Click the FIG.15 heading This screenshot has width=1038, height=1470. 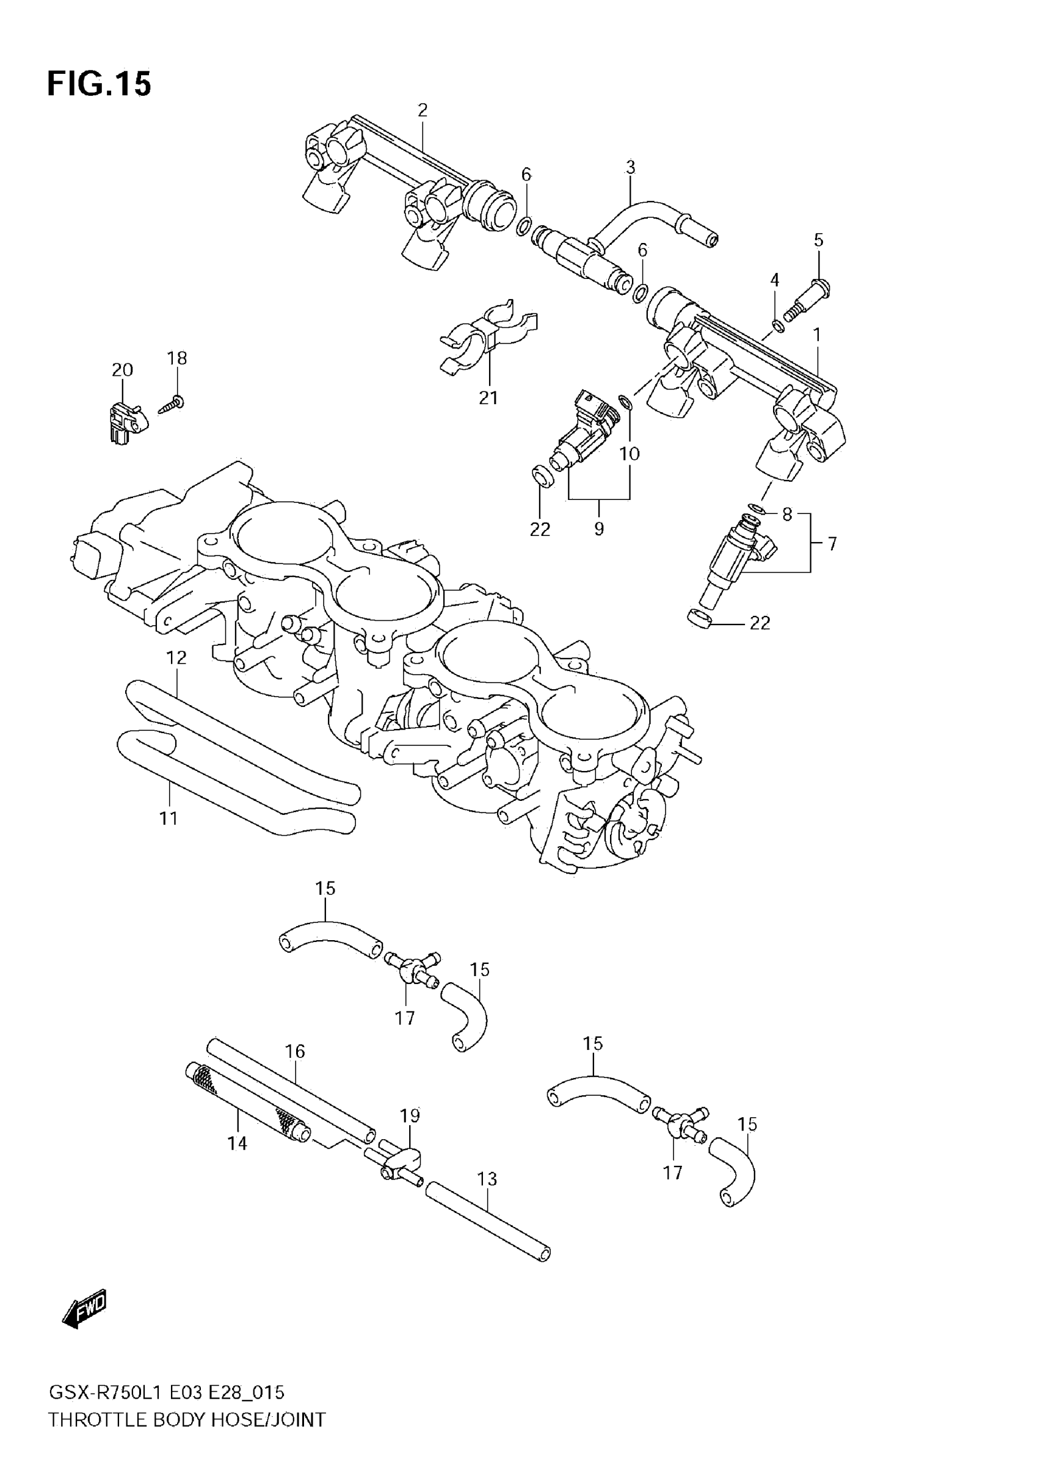(x=100, y=84)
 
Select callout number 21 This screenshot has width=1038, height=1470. (x=488, y=397)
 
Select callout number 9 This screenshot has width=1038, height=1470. (x=599, y=528)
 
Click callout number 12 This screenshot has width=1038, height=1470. (x=176, y=657)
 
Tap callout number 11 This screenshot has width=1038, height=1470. (x=169, y=817)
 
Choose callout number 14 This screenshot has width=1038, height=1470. (x=237, y=1143)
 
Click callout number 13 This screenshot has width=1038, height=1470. (x=487, y=1179)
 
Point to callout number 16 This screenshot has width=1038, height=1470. (x=295, y=1051)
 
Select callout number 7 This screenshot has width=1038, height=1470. (x=832, y=543)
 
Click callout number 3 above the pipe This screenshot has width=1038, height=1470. (x=630, y=168)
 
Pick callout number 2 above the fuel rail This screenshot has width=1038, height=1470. (x=422, y=110)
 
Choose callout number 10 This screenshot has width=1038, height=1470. (x=630, y=454)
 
